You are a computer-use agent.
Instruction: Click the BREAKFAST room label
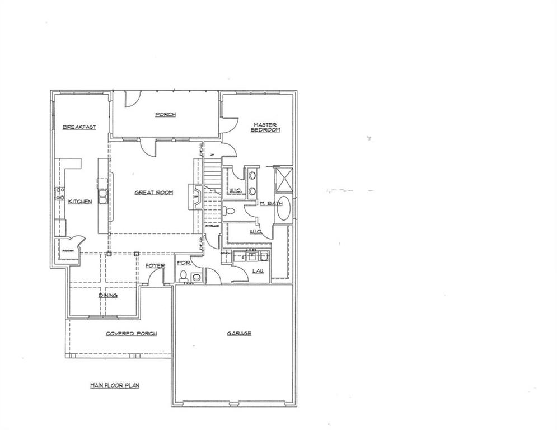[79, 127]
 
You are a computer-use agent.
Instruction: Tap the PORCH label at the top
[165, 115]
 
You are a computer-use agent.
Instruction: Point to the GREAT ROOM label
[153, 193]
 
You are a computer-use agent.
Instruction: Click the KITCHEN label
[80, 202]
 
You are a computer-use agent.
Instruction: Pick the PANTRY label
[68, 251]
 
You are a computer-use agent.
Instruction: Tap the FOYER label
[155, 265]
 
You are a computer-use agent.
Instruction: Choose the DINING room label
[107, 295]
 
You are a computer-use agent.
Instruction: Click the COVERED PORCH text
[131, 334]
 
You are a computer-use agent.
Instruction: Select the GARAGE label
[238, 333]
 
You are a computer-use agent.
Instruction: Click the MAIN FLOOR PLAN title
[114, 385]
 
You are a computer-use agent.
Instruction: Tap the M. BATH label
[271, 203]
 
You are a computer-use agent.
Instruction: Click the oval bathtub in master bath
[284, 208]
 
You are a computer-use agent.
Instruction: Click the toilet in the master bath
[230, 212]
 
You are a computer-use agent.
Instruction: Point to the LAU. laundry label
[258, 271]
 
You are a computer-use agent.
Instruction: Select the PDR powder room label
[183, 263]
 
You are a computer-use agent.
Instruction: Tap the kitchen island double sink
[103, 197]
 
